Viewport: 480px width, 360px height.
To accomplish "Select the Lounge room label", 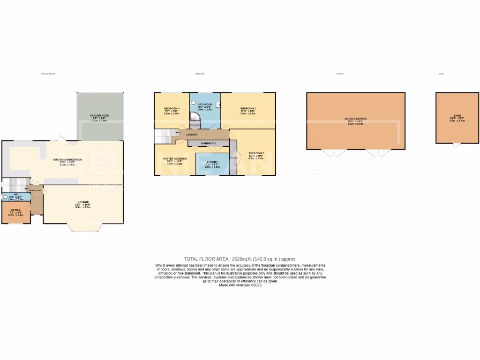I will (83, 202).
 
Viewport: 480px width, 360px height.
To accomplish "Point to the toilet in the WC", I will (5, 197).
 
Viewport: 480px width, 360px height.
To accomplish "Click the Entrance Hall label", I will (37, 191).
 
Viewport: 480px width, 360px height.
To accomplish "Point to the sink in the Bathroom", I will (194, 125).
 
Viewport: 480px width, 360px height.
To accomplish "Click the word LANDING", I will (191, 135).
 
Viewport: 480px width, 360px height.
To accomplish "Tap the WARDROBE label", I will (208, 143).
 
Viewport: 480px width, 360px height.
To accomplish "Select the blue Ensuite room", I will (212, 164).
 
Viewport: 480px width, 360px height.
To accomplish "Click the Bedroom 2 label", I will (256, 154).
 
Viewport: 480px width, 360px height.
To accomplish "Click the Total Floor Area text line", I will (240, 259).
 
